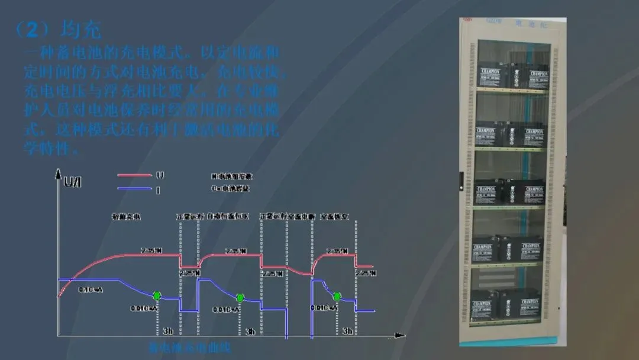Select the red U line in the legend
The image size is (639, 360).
tap(134, 175)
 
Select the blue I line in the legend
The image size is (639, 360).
tap(134, 189)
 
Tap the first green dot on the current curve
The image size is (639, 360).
tap(157, 295)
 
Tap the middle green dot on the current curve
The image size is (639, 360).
tap(240, 297)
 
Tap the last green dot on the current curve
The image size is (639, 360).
tap(337, 296)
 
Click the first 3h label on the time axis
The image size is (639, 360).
tap(167, 331)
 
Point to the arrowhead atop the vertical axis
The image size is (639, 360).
tap(58, 173)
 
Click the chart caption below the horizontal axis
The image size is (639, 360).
tap(189, 348)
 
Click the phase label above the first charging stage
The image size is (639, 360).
tap(126, 217)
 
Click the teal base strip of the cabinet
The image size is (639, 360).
tap(512, 340)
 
